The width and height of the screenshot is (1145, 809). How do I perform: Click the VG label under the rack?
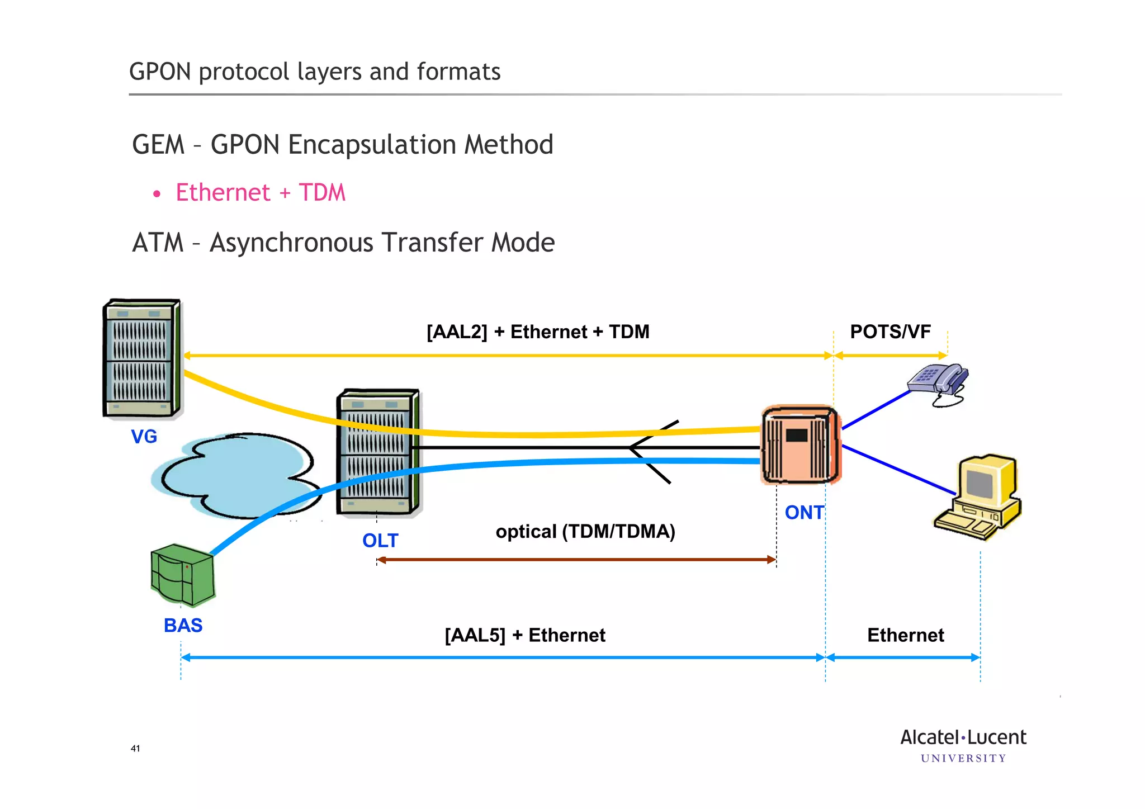(144, 436)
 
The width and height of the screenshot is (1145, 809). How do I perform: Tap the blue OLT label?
(380, 541)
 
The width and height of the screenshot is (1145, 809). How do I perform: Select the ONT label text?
(804, 512)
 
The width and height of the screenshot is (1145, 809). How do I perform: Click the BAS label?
(183, 625)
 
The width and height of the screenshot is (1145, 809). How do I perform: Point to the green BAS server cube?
(183, 575)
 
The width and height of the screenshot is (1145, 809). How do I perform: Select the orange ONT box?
(800, 444)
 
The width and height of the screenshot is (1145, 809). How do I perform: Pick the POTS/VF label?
(890, 332)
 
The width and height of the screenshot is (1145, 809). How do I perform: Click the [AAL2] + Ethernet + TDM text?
(537, 332)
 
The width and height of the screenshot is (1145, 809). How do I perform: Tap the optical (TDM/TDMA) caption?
(585, 531)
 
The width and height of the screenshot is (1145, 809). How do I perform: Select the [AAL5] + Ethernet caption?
(524, 635)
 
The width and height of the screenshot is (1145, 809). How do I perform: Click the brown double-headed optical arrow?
(576, 559)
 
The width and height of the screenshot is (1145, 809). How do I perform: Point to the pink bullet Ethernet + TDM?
(260, 193)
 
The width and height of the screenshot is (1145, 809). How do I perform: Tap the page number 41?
(135, 749)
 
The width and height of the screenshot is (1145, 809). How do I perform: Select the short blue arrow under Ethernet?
(902, 657)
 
